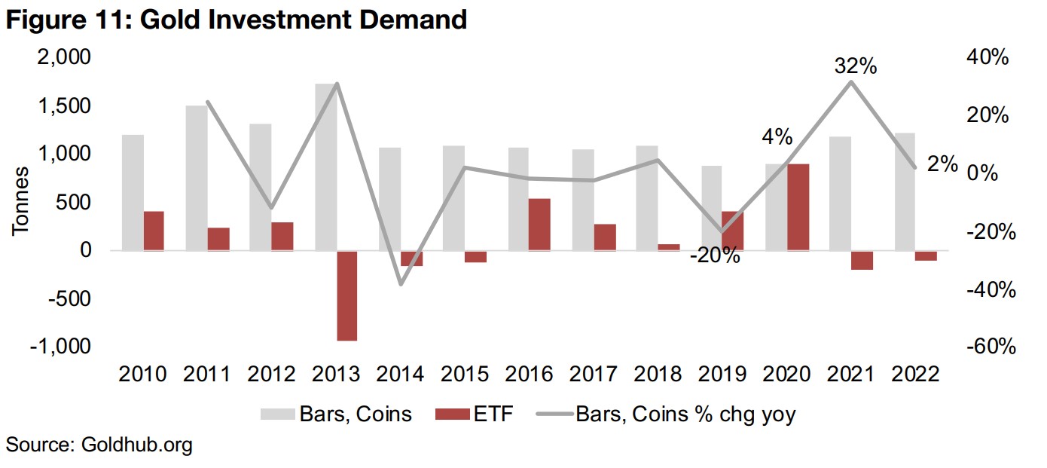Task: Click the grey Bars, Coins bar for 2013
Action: [x=325, y=167]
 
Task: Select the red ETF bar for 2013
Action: [x=347, y=295]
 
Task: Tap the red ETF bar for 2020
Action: [x=798, y=207]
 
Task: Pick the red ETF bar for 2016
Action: [x=539, y=225]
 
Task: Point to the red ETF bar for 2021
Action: [x=862, y=260]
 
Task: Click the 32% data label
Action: [x=855, y=66]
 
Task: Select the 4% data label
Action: [x=776, y=137]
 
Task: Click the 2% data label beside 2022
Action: [x=942, y=164]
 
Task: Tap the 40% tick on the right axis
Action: [x=987, y=57]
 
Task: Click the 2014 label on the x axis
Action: [x=400, y=374]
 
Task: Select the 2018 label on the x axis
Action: [x=658, y=374]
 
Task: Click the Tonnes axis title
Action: [x=20, y=202]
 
